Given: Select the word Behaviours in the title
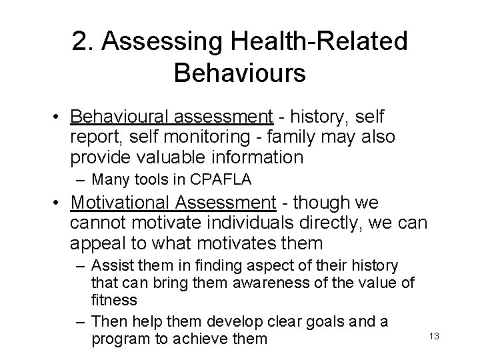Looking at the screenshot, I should coord(239,73).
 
